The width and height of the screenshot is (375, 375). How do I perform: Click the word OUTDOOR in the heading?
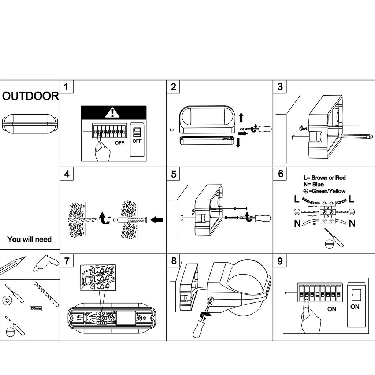tap(30, 96)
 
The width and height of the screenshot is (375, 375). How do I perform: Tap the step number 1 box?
tap(67, 86)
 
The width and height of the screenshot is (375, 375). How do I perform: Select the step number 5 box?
tap(173, 174)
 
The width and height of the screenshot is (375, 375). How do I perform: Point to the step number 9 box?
tap(280, 261)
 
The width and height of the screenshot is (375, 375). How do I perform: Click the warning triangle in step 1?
tap(112, 112)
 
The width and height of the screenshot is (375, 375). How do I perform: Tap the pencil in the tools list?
tap(13, 266)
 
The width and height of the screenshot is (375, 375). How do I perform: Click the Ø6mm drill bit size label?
tap(36, 308)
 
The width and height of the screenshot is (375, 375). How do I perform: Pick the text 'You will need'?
tap(29, 239)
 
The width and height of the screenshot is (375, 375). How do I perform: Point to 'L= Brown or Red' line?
tap(324, 178)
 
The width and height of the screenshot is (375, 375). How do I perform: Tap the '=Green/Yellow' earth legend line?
tap(324, 191)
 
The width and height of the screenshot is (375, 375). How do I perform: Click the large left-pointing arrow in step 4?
tap(157, 220)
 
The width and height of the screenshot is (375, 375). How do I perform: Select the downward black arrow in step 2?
tap(238, 143)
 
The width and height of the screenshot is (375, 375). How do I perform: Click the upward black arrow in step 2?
tap(241, 118)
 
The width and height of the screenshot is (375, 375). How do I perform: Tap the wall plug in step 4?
tap(133, 220)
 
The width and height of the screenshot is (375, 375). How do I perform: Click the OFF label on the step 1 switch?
tap(137, 141)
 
